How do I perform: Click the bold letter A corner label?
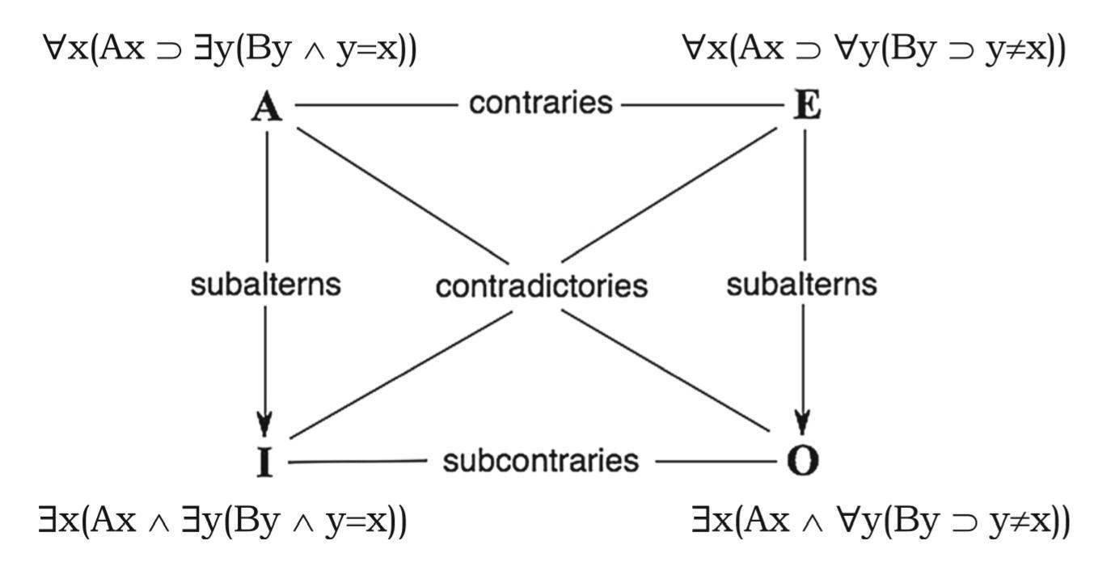coord(267,106)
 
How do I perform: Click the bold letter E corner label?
coord(806,106)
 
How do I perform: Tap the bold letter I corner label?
coord(265,463)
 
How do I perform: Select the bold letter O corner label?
coord(803,461)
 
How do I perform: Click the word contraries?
coord(540,104)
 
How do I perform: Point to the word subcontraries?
coord(540,461)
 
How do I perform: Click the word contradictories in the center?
coord(541,286)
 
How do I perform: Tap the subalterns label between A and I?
coord(265,285)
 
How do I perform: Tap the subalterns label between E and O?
coord(801,285)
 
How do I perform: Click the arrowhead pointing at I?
coord(265,422)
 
